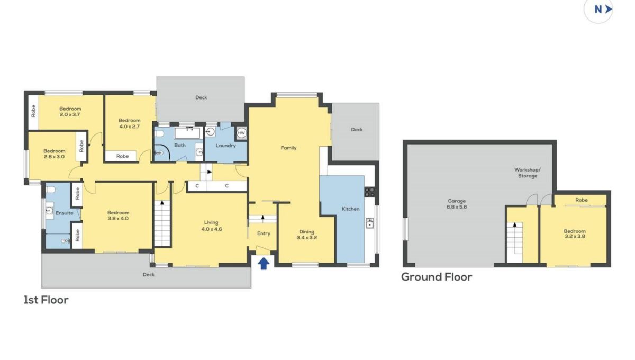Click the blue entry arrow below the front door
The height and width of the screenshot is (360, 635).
(264, 263)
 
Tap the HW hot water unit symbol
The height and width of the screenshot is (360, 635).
(241, 133)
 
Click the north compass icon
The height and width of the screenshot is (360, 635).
(598, 10)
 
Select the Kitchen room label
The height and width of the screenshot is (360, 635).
(351, 209)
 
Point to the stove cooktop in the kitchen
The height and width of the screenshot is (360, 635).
(370, 192)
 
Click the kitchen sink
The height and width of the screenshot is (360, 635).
(369, 223)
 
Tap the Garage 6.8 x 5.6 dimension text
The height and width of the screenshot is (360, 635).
(457, 207)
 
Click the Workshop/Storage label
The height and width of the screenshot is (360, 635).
(528, 173)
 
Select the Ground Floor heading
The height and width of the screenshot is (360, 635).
(437, 277)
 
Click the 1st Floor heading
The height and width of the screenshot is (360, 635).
(46, 300)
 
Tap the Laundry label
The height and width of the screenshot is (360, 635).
(225, 146)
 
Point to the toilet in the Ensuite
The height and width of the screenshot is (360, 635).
(51, 189)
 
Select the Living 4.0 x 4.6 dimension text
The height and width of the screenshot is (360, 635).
(212, 229)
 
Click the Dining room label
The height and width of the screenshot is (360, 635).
(306, 232)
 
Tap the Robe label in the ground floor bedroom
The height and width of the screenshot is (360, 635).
(582, 200)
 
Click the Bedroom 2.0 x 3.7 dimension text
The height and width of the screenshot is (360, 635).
(70, 114)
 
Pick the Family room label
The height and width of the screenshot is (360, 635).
(288, 148)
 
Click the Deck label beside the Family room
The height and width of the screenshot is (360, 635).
(357, 129)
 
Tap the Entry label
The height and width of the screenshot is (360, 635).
(264, 233)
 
